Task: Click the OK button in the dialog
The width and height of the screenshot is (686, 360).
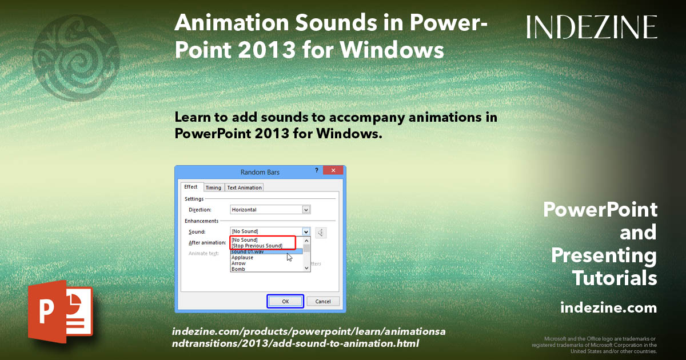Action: click(x=285, y=301)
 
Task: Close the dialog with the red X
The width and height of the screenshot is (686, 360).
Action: click(x=333, y=171)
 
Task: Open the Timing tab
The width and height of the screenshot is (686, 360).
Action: click(x=213, y=187)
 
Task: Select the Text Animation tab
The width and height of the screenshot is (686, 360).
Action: click(x=244, y=187)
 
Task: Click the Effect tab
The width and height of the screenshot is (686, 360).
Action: click(x=191, y=187)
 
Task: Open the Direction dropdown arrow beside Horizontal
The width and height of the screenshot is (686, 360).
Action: click(x=306, y=210)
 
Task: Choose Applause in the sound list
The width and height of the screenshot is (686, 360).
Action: click(x=242, y=258)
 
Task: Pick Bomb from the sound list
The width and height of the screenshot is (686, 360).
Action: click(x=238, y=269)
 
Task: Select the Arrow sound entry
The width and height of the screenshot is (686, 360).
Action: click(x=238, y=263)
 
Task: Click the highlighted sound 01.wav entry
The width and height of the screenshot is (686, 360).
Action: click(x=248, y=251)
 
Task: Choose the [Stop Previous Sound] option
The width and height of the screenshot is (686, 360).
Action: click(x=257, y=246)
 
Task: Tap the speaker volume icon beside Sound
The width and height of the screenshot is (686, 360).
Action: click(x=321, y=232)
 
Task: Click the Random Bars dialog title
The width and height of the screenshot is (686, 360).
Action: click(x=260, y=172)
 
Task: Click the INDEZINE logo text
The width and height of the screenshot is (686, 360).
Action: click(x=592, y=27)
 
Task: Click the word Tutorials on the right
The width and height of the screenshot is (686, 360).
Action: click(x=615, y=278)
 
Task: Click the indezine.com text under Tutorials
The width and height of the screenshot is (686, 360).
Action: click(x=608, y=308)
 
